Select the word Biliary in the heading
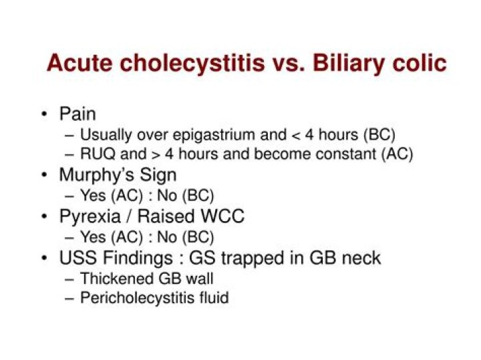coord(345,63)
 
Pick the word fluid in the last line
coord(214,298)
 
